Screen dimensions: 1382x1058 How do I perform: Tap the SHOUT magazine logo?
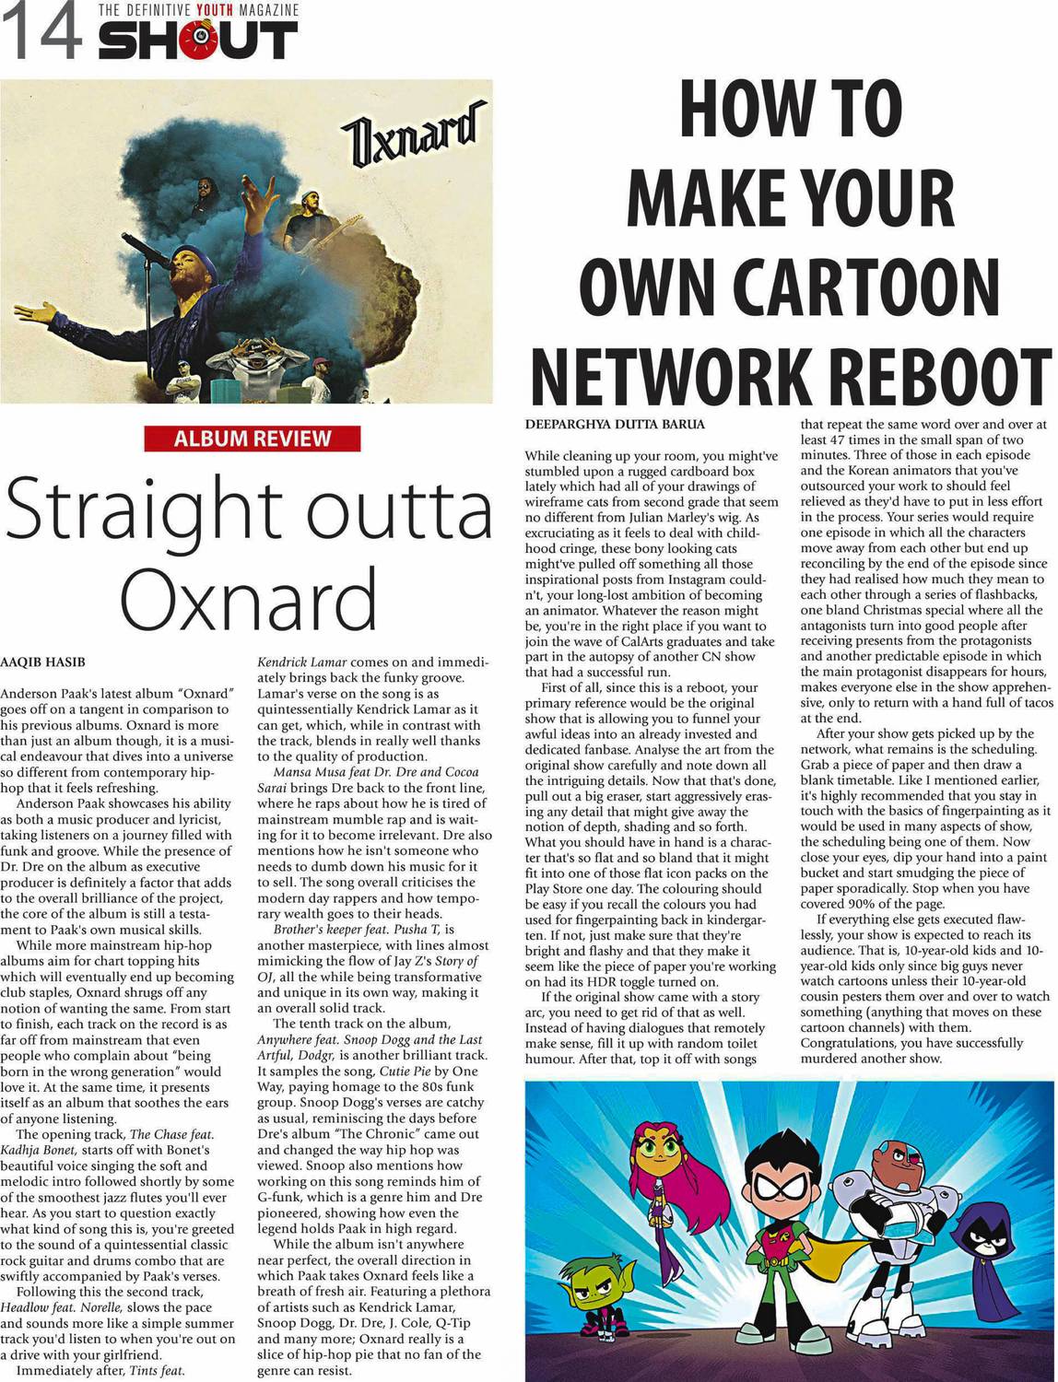coord(198,41)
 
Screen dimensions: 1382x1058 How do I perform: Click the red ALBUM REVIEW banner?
coord(252,439)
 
